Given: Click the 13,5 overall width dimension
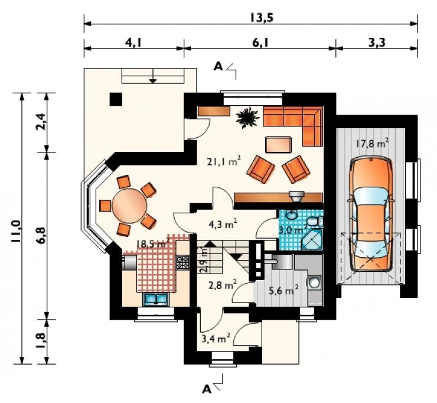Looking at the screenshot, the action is click(261, 17).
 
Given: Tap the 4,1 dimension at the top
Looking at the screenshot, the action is click(133, 43).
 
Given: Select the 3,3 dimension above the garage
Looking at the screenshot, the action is click(377, 43).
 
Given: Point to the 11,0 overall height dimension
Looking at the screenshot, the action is click(16, 231).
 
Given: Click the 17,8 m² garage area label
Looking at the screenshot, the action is click(372, 144).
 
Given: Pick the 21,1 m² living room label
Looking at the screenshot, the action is click(224, 161).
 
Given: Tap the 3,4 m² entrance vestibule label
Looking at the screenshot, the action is click(216, 338).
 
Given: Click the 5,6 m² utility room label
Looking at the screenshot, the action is click(283, 290).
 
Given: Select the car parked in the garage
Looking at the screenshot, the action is click(371, 214).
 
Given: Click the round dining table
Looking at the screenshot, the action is click(129, 206).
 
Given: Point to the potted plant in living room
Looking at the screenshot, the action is click(246, 118).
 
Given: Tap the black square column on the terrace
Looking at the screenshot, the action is click(116, 99).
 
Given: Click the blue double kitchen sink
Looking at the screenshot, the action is click(155, 299).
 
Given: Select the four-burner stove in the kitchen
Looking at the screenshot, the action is click(182, 262).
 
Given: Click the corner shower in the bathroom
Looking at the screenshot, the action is click(312, 239).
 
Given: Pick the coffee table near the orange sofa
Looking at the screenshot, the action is click(278, 144).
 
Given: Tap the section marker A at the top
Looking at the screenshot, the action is click(218, 66).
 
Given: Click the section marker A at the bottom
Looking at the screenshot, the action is click(207, 389).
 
